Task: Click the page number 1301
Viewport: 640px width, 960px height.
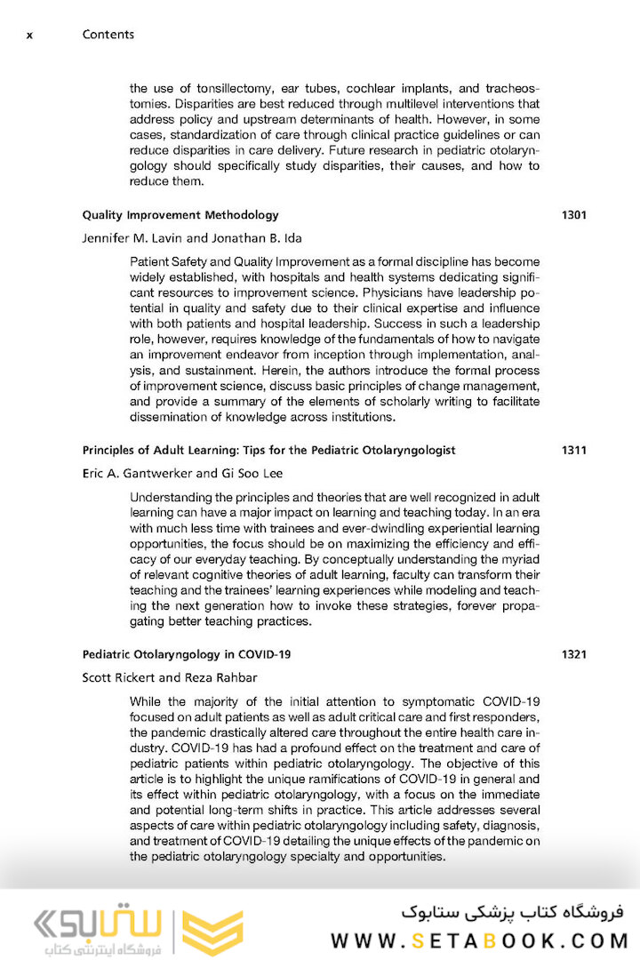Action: coord(573,215)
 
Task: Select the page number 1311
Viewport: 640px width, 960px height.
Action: coord(573,451)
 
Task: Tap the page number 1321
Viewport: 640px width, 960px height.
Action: coord(573,655)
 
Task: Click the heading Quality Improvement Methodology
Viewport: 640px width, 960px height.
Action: coord(180,215)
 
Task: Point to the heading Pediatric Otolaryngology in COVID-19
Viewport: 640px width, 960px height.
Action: coord(187,655)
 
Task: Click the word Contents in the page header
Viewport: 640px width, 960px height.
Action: coord(108,35)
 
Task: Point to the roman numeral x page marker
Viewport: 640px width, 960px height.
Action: coord(30,36)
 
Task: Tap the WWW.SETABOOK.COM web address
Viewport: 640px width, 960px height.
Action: coord(480,940)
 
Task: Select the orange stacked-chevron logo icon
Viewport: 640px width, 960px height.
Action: coord(212,931)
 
